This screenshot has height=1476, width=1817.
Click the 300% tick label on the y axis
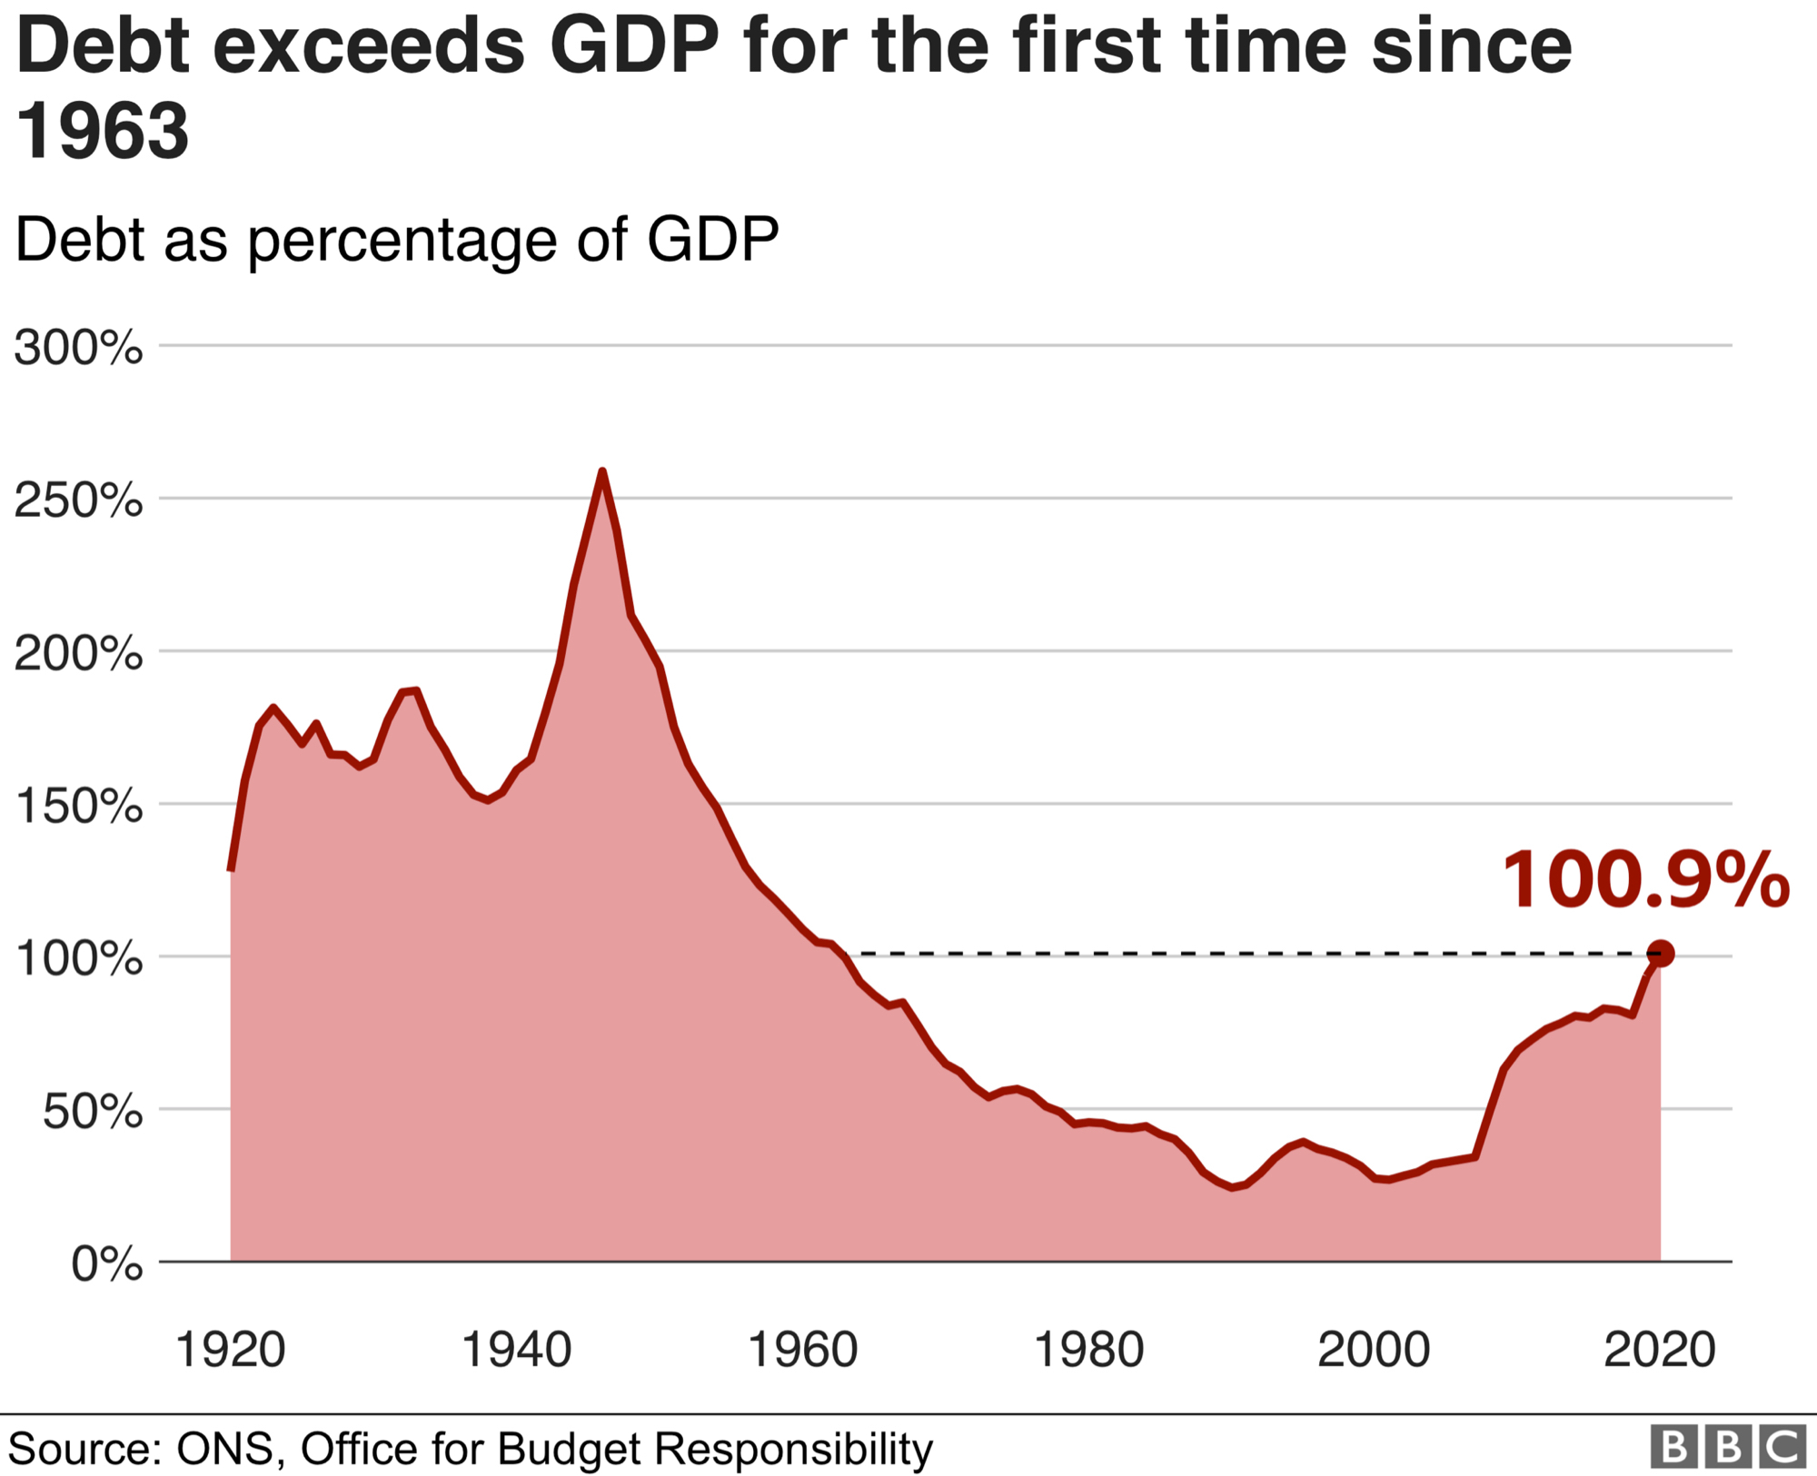point(78,348)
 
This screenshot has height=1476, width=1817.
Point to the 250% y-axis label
point(78,500)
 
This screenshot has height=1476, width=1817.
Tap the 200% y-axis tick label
point(78,653)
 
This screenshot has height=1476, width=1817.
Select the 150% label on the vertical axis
point(78,806)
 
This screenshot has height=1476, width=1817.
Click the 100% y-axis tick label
point(78,958)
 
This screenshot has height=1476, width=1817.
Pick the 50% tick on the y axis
point(92,1111)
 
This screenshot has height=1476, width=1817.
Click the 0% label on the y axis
point(106,1263)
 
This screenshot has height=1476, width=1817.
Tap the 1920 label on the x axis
point(230,1350)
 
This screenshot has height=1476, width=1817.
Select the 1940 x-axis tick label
point(516,1350)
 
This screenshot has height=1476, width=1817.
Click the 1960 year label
point(802,1350)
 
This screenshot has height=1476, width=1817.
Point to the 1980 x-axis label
point(1088,1350)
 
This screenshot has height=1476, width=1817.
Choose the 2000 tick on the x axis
point(1374,1350)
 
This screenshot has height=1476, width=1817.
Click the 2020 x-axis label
point(1660,1350)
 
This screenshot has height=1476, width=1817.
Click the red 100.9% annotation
point(1645,880)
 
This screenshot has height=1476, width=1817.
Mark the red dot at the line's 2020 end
point(1660,954)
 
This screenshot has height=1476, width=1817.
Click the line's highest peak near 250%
point(601,471)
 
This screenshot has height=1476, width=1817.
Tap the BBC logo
point(1727,1446)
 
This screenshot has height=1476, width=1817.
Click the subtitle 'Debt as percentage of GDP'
point(397,241)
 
